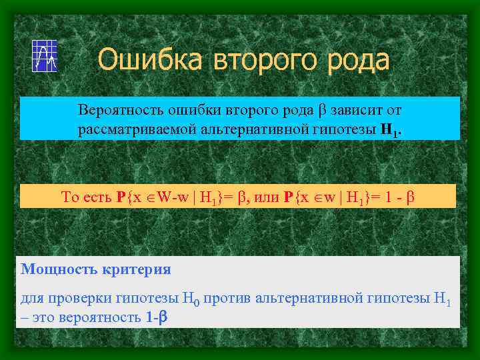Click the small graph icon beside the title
click(45, 56)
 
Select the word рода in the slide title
click(357, 60)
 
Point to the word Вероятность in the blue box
click(115, 109)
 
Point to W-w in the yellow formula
click(170, 197)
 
